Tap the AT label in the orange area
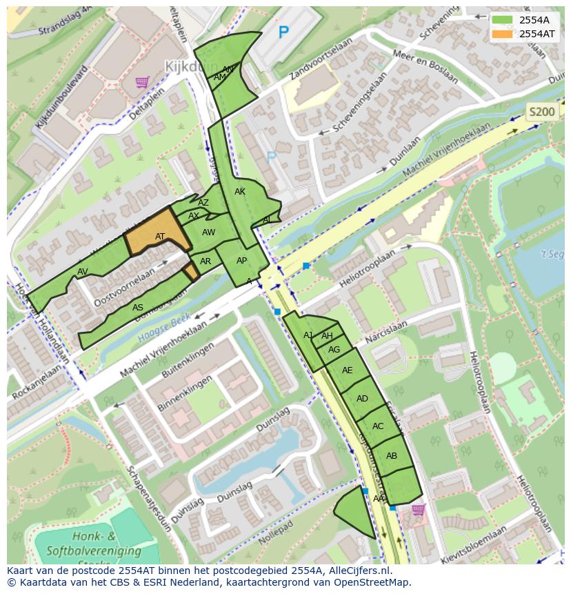click(x=160, y=237)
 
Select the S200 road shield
click(x=541, y=112)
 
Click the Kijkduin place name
click(x=191, y=67)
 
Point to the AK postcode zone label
click(x=240, y=192)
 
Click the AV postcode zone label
click(x=83, y=271)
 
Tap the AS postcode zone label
click(x=138, y=308)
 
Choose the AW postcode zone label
click(x=209, y=232)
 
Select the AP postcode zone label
click(x=241, y=261)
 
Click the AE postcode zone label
click(x=348, y=370)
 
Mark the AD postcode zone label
click(x=362, y=399)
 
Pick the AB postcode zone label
click(x=392, y=456)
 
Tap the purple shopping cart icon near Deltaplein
click(x=143, y=82)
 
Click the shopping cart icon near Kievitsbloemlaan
click(x=418, y=510)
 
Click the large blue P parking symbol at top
click(x=283, y=32)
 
